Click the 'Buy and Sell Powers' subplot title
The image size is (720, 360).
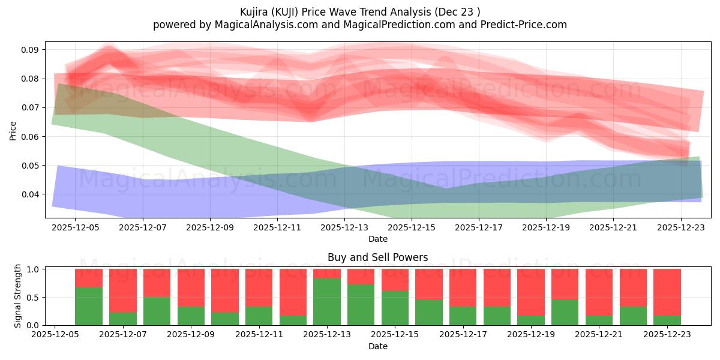[x=377, y=257]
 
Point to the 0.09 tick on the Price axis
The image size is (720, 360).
[x=31, y=50]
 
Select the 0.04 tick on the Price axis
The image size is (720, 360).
[x=31, y=194]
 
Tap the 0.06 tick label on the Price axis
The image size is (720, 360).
[x=31, y=137]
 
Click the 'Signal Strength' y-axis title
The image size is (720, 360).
[x=18, y=296]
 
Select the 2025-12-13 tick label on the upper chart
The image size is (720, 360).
[x=344, y=227]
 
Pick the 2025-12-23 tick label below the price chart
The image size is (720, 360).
[x=681, y=227]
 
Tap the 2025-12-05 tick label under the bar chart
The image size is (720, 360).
[x=55, y=335]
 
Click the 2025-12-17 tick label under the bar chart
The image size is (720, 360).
[x=463, y=335]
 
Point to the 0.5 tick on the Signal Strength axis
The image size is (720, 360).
[x=34, y=298]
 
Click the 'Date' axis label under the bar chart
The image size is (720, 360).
[x=377, y=346]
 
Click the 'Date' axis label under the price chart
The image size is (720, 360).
[x=377, y=239]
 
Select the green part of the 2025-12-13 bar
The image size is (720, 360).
[x=327, y=301]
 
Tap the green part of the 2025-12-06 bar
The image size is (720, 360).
[x=89, y=306]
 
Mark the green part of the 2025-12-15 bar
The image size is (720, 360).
[x=395, y=308]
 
